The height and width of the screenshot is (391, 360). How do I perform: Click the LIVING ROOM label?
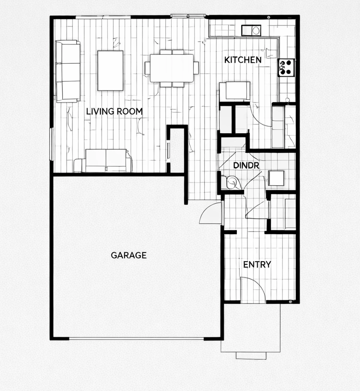tap(114, 112)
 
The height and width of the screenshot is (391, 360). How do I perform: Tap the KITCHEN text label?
tap(243, 60)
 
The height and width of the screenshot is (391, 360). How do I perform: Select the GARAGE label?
tap(128, 255)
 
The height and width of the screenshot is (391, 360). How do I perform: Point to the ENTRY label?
tap(257, 264)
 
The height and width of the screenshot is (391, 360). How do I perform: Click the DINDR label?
tap(246, 165)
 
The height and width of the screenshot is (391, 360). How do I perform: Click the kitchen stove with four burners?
tap(286, 67)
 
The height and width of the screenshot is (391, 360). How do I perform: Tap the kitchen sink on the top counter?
tap(251, 30)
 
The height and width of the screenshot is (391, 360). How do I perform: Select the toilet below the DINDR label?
tap(232, 183)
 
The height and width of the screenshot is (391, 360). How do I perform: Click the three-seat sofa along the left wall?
tap(68, 71)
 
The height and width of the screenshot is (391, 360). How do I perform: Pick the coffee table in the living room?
tap(110, 70)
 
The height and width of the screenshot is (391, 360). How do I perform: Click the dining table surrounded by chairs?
tap(172, 68)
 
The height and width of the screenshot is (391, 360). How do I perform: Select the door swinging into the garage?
tap(211, 213)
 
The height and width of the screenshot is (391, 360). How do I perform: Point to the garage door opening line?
tap(137, 339)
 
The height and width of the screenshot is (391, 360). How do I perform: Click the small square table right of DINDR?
tap(276, 178)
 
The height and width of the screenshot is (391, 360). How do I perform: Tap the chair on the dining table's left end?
tap(147, 68)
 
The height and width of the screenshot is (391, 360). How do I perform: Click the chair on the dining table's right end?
tap(196, 68)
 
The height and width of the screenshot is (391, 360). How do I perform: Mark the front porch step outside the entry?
tap(251, 356)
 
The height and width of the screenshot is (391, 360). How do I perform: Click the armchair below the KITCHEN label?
tap(234, 92)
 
